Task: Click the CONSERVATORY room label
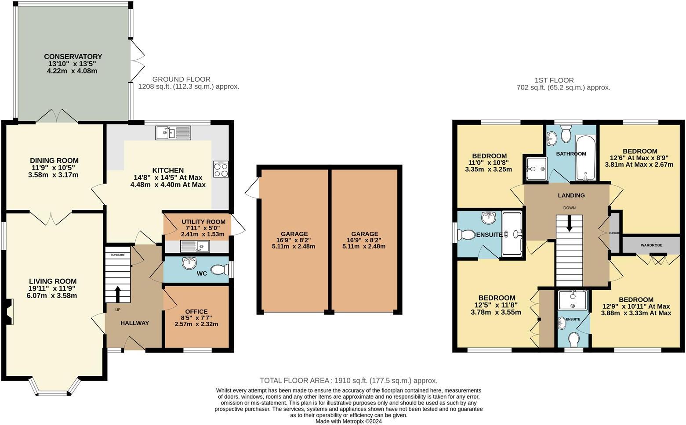(73, 57)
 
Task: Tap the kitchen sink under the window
(173, 133)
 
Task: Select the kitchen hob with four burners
(221, 169)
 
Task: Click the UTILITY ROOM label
(203, 222)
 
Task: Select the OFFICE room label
(196, 312)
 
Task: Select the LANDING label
(571, 195)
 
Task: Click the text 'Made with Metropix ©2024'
(348, 421)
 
